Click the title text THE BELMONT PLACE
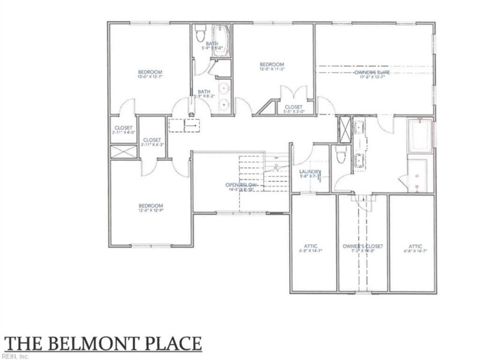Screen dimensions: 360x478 [103, 343]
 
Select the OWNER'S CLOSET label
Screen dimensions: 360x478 [362, 246]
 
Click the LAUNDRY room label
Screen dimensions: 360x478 [311, 173]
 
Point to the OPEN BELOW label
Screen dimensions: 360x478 [241, 185]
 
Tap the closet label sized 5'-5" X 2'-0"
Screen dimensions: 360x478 [294, 109]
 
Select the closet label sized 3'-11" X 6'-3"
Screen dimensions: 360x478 [152, 142]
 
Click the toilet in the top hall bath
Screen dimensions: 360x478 [201, 30]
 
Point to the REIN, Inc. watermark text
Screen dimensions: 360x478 [15, 356]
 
